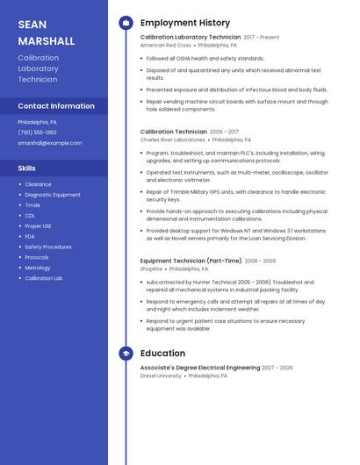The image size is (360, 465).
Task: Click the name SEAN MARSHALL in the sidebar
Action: pos(47,32)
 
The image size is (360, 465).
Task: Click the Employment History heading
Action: pos(184,23)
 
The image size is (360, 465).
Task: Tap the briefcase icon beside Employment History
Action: pos(126,23)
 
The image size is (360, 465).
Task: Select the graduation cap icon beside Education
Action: pos(126,354)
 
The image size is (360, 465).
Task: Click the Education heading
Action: pos(162,354)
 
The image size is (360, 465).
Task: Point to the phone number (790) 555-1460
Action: pos(37,132)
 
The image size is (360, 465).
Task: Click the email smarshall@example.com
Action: pos(49,142)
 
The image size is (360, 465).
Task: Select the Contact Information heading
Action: pos(56,106)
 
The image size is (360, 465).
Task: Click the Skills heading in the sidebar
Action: pos(27,168)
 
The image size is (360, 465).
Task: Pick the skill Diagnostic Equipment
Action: pos(53,195)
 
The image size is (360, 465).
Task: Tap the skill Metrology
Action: pos(38,268)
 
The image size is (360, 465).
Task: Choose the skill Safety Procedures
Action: pos(48,247)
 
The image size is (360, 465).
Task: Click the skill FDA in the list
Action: pos(30,236)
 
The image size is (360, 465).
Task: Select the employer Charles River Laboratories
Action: pos(172,139)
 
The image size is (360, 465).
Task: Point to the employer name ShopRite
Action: pos(151,269)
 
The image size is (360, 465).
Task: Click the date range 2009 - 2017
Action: pos(224,132)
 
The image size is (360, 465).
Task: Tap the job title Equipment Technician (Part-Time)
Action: pos(191,261)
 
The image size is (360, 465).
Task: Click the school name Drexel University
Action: pos(161,376)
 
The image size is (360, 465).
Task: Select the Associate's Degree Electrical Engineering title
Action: pos(199,368)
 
